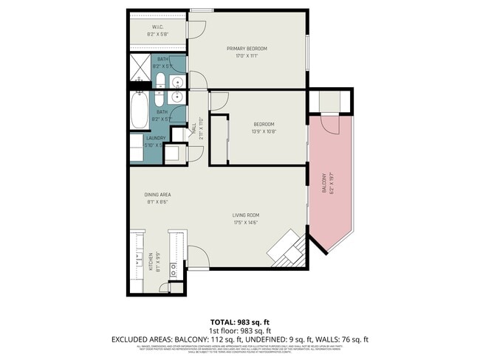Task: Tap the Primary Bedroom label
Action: point(247,49)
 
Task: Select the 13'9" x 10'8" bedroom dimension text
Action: point(264,131)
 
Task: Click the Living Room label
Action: point(247,215)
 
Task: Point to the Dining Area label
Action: point(157,195)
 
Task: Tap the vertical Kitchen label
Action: point(151,260)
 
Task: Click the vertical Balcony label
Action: point(323,182)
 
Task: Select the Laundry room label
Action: point(156,138)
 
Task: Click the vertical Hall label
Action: point(194,128)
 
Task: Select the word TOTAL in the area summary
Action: point(221,322)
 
